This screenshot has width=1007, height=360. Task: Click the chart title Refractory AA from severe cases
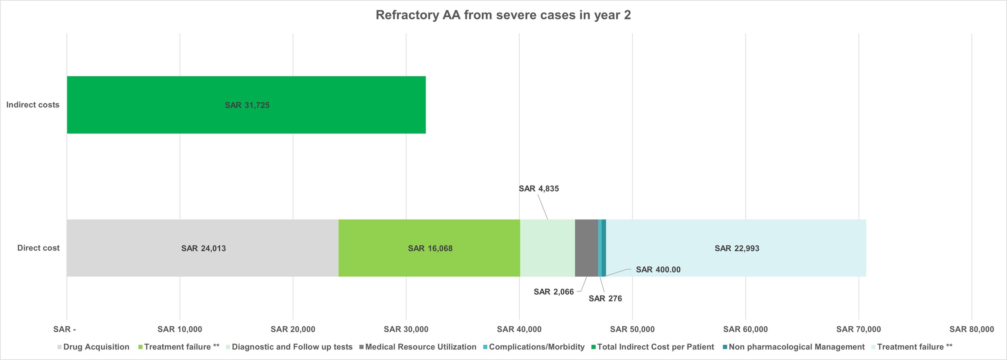(x=503, y=15)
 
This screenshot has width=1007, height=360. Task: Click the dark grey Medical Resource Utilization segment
(x=586, y=248)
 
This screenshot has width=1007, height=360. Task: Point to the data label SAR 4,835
(x=539, y=188)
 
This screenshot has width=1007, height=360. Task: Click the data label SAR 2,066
(x=553, y=292)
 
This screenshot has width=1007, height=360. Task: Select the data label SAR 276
(x=605, y=298)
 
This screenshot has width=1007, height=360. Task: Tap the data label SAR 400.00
(x=658, y=269)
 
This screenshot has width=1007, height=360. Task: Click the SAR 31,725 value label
(x=247, y=105)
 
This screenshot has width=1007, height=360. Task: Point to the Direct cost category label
(x=38, y=248)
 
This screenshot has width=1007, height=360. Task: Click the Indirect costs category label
(x=33, y=105)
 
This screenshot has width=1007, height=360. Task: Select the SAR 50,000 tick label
(x=632, y=329)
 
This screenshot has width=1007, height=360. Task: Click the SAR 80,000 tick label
(x=972, y=329)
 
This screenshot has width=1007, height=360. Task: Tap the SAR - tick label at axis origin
(x=64, y=329)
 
